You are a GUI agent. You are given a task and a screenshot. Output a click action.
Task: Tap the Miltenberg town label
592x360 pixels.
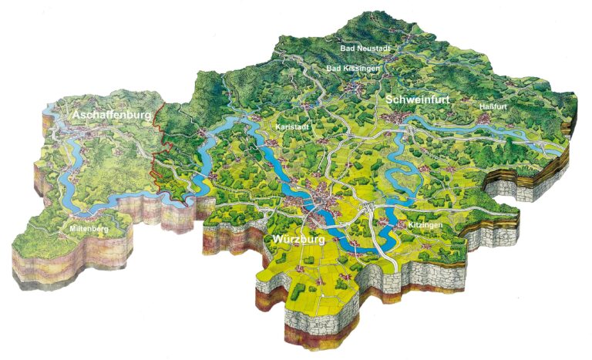coord(86,230)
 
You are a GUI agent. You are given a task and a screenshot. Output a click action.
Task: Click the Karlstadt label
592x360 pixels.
coord(291,126)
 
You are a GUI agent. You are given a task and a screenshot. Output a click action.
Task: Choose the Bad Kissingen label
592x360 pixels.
coord(354,69)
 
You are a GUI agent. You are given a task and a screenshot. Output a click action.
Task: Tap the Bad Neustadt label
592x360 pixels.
coord(365,48)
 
